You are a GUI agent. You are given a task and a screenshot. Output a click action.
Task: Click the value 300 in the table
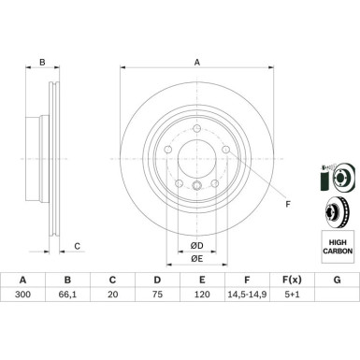[22, 294]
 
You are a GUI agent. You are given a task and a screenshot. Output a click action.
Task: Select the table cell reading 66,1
[67, 294]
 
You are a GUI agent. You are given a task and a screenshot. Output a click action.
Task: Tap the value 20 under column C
[112, 294]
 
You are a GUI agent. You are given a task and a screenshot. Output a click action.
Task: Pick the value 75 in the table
[157, 294]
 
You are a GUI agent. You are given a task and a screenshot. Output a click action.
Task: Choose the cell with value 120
[202, 294]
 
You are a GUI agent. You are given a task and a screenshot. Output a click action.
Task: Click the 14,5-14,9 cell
[247, 294]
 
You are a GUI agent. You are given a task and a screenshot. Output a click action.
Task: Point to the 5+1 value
[292, 294]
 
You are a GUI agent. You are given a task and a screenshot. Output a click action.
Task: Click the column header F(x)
[292, 280]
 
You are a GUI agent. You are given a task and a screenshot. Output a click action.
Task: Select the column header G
[337, 280]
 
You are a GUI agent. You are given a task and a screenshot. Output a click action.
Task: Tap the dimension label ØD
[197, 246]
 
